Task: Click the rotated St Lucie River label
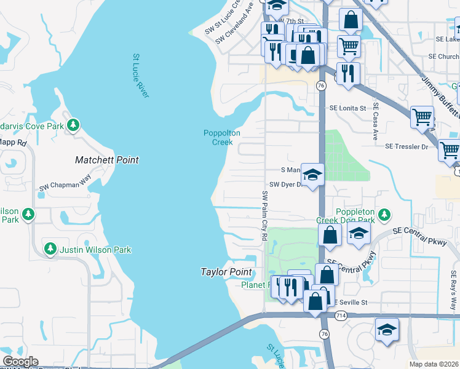coord(141,76)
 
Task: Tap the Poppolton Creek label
coord(222,138)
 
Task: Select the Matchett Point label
coord(106,160)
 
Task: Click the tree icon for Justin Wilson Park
coord(50,249)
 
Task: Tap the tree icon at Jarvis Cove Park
coord(73,125)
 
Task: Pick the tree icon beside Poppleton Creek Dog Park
coord(384,215)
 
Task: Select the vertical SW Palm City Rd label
coord(265,215)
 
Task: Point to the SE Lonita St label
coord(348,108)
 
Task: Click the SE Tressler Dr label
coord(406,146)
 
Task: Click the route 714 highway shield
coord(340,315)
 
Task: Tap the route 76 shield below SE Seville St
coord(323,333)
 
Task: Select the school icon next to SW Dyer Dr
coord(312,175)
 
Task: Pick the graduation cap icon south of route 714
coord(387,330)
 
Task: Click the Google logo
coord(20,362)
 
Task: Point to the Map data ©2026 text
coord(433,364)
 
